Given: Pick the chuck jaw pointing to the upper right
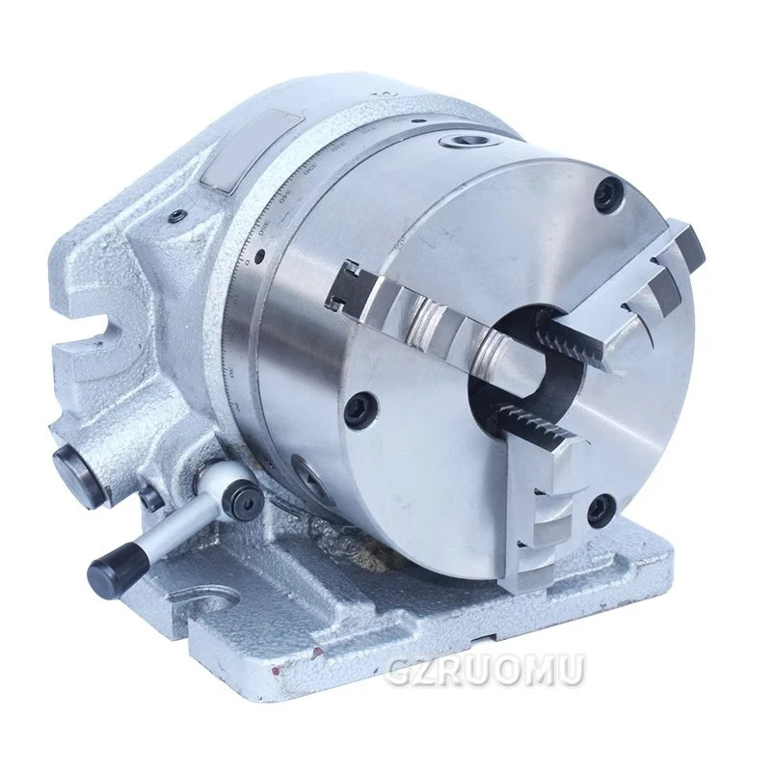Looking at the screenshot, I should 637,288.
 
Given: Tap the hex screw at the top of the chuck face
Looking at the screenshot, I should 606,195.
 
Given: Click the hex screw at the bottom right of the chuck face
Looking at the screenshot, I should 600,502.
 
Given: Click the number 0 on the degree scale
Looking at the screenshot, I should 249,262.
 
